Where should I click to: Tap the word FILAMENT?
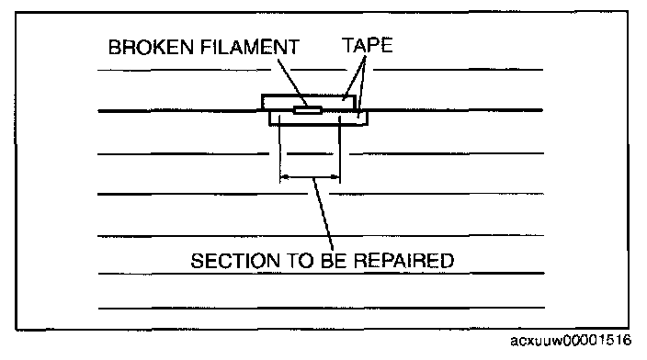pos(250,47)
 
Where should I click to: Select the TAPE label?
pos(368,45)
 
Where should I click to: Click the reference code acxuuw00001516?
pos(571,341)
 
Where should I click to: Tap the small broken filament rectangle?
pos(307,110)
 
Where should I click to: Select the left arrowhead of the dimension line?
pos(284,177)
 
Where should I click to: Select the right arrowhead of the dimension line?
pos(335,177)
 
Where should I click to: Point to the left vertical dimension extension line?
pos(279,149)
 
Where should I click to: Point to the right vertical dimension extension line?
pos(339,149)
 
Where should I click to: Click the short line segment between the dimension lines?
pos(310,153)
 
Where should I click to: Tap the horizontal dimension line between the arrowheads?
pos(310,177)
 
